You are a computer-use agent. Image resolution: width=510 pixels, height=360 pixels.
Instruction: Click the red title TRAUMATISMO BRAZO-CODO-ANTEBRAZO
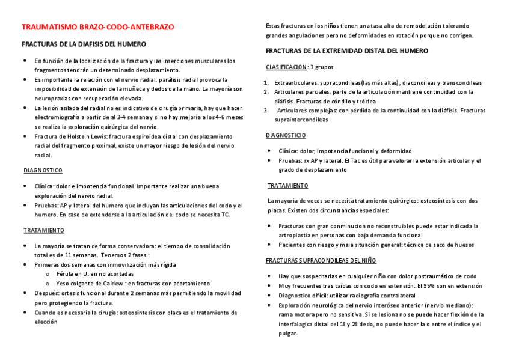pos(98,28)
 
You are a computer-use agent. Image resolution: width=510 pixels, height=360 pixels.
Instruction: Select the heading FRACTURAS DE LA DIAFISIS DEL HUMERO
pos(84,45)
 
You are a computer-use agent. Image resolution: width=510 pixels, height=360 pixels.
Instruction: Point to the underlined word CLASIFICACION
pos(286,67)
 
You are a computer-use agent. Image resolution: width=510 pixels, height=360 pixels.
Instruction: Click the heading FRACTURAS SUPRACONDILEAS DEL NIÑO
pos(322,260)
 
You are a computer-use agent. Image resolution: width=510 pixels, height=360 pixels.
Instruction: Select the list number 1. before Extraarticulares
pos(266,83)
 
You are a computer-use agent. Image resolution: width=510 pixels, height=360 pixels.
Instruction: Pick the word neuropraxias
pos(52,97)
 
